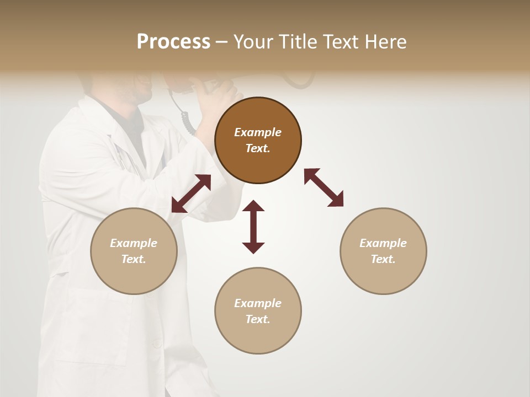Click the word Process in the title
(x=173, y=42)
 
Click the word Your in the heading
(x=251, y=42)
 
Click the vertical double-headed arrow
(x=253, y=227)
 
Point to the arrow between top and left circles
(x=191, y=194)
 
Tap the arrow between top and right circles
(x=324, y=187)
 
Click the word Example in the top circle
(x=258, y=132)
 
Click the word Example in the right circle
(x=383, y=243)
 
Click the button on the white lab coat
(x=157, y=344)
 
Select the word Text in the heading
(x=340, y=42)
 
